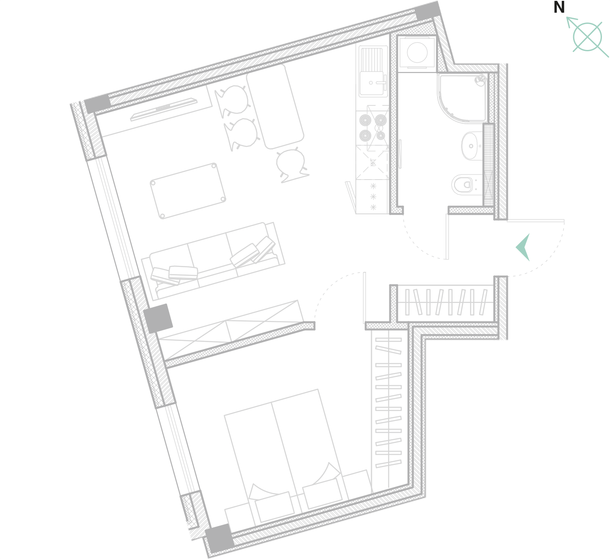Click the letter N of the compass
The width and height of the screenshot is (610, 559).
tap(559, 8)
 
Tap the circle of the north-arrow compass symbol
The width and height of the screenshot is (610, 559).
tap(587, 37)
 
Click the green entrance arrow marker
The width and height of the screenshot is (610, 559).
tap(523, 247)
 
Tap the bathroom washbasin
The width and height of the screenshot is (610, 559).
tap(472, 146)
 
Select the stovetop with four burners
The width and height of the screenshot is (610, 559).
tap(373, 128)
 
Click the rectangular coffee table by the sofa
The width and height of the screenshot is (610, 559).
tap(188, 191)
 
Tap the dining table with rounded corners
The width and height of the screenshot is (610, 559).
tap(275, 106)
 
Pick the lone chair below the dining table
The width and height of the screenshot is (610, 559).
tap(291, 165)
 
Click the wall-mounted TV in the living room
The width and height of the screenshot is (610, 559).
tap(164, 109)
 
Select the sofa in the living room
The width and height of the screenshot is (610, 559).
tap(213, 260)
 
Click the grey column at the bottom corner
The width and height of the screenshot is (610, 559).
tap(219, 538)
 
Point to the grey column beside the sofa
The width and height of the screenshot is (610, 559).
tap(158, 318)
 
